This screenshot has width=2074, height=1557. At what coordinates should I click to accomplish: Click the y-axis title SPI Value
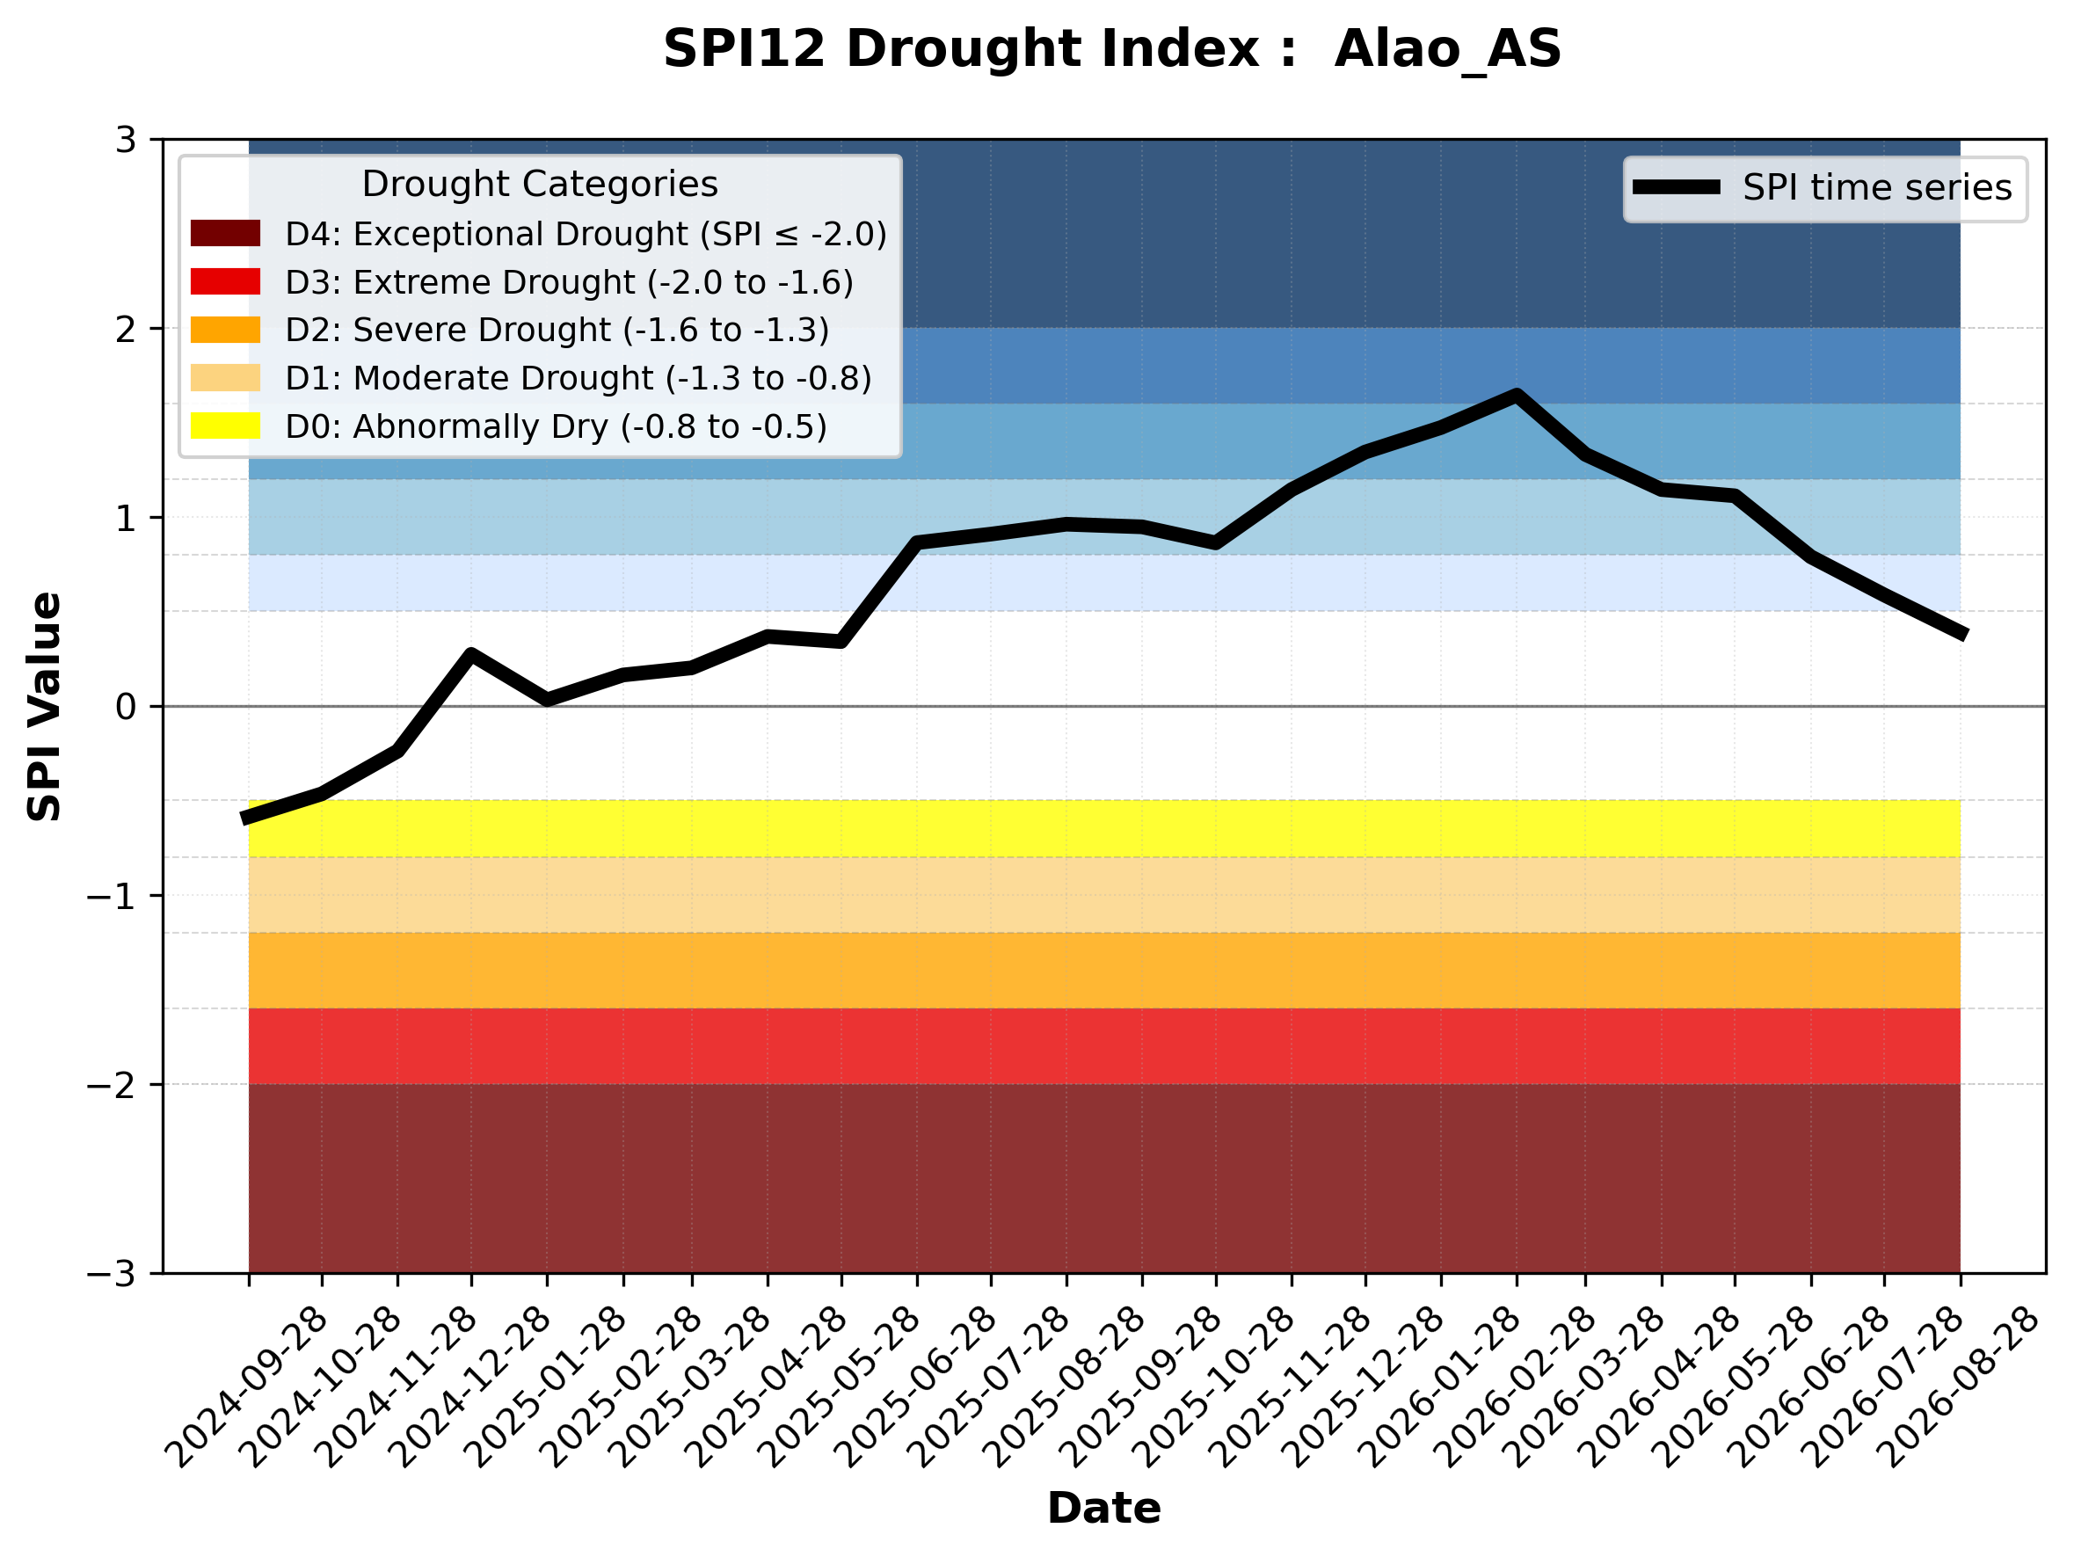tap(44, 707)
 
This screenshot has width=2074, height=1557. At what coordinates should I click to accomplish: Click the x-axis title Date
tap(1103, 1509)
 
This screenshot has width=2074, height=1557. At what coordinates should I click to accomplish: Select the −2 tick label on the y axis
tap(112, 1085)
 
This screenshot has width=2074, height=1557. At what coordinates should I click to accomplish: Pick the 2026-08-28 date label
tap(1960, 1386)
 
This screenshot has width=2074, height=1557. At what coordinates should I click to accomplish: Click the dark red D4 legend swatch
tap(225, 233)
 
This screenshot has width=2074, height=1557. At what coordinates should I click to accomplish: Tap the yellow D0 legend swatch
tap(225, 426)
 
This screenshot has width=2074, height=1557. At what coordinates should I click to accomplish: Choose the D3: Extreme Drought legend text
tap(569, 282)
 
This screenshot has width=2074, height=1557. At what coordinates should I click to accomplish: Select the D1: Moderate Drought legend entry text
tap(579, 378)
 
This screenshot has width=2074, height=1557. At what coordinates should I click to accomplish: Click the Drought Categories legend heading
tap(540, 184)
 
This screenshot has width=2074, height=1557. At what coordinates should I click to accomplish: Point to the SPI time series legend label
tap(1877, 187)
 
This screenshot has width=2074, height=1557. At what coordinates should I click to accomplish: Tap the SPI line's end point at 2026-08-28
tap(1960, 635)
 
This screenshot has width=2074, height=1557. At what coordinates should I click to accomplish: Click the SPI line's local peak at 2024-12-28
tap(470, 653)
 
